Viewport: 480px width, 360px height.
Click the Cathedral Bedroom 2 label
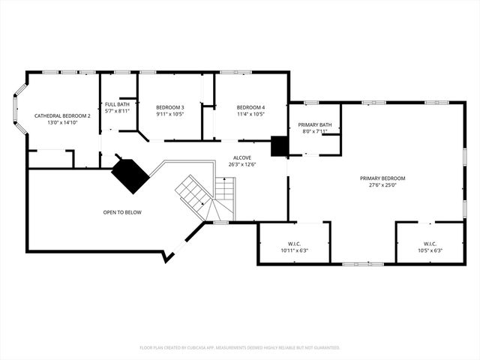click(62, 115)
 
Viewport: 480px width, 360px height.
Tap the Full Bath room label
click(117, 104)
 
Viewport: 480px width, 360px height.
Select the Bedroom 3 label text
click(170, 107)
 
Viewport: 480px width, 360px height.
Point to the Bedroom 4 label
click(250, 107)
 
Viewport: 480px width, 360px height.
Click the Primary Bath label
click(315, 124)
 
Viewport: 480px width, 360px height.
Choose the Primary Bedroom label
click(382, 178)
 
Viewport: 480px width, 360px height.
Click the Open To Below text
click(122, 212)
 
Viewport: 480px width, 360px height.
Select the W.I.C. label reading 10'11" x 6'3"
click(293, 244)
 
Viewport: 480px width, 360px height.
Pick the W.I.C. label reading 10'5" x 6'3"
click(430, 244)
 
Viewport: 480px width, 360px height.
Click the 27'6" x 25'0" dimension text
click(382, 185)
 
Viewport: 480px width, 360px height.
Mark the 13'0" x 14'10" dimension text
click(62, 122)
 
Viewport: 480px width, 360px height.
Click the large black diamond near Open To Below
click(130, 175)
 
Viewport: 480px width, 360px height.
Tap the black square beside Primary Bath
click(280, 145)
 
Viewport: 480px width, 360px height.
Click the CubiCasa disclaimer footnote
click(240, 347)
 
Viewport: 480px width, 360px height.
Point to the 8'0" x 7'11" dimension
click(315, 131)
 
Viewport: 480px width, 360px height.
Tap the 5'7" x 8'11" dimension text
click(117, 111)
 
